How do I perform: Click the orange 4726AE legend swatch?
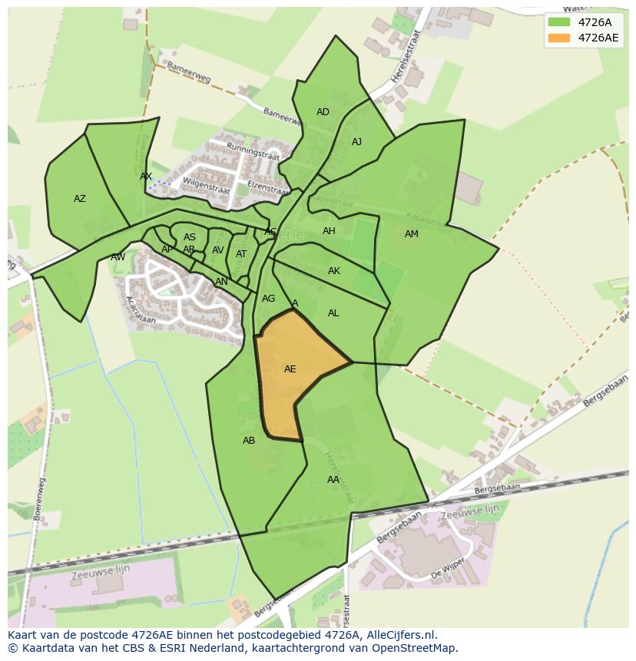pos(558,38)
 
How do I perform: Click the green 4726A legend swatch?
pos(558,22)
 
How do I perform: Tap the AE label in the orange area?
pos(290,369)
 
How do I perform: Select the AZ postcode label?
pos(80,199)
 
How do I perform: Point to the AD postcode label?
pos(323,112)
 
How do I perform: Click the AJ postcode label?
pos(356,142)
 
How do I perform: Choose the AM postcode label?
pos(412,234)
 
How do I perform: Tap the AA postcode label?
pos(333,480)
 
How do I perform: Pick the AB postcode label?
pos(249,441)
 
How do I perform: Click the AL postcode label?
pos(333,313)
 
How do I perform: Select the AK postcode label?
pos(334,271)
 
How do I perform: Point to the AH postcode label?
pos(329,231)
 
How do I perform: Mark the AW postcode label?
pos(118,257)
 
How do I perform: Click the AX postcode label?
pos(146,177)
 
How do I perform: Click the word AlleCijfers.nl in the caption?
pos(402,635)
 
